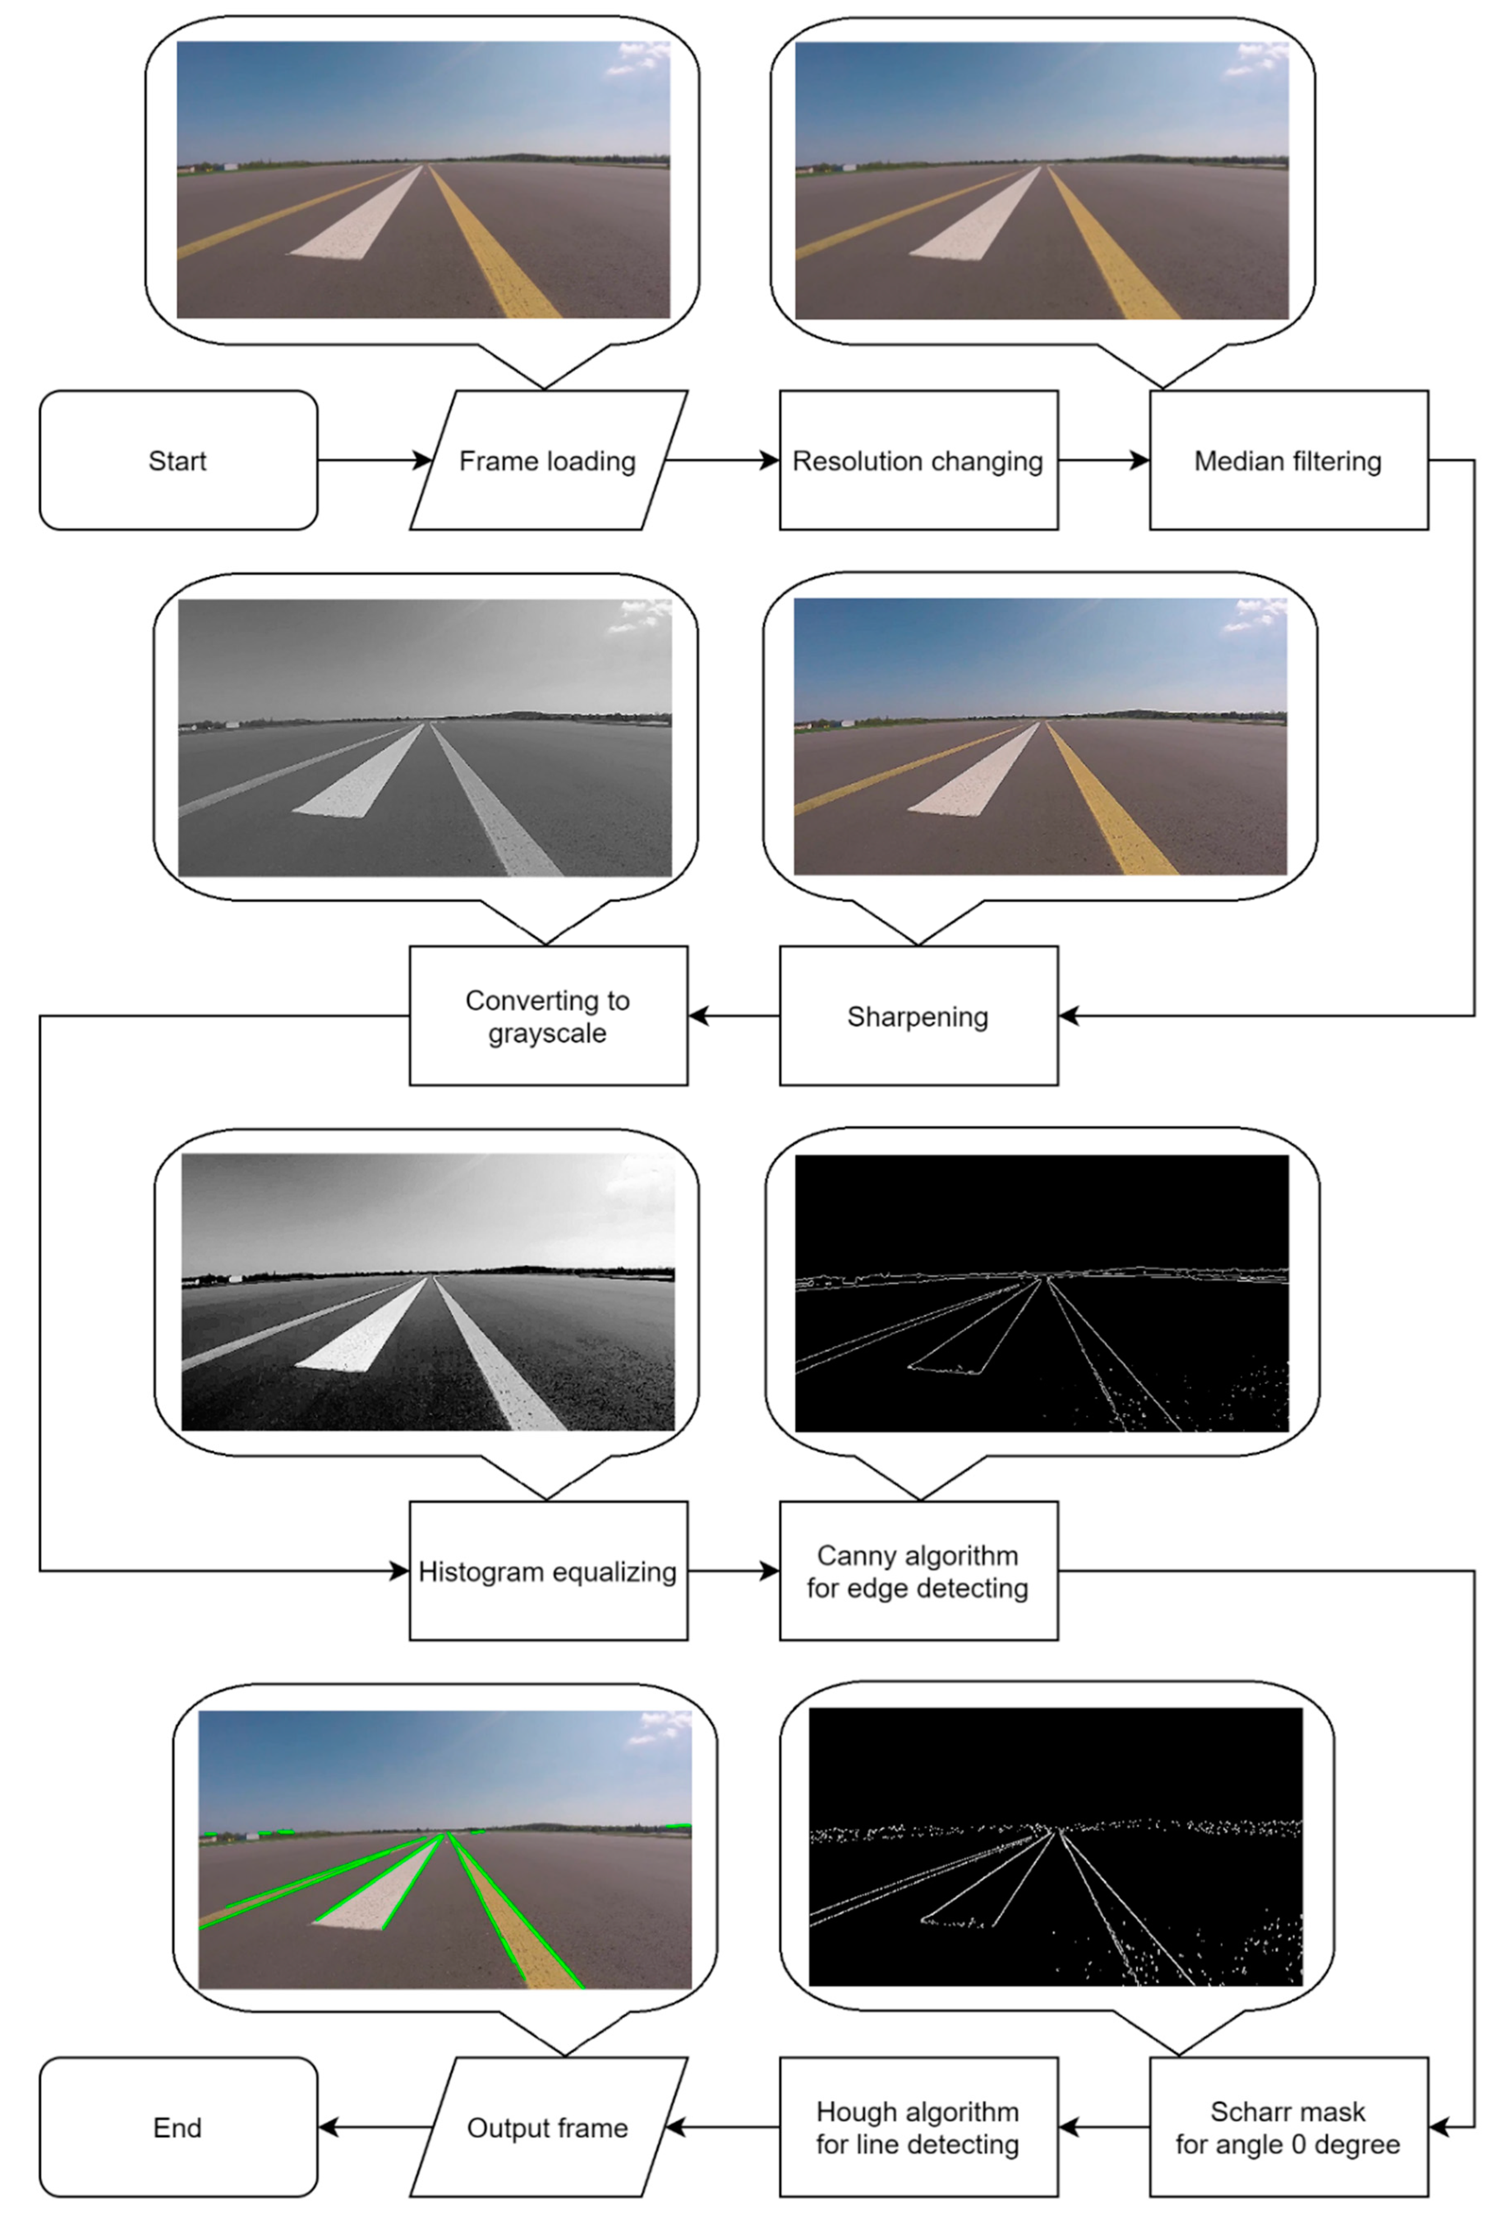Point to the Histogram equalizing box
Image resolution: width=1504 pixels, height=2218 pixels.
click(548, 1571)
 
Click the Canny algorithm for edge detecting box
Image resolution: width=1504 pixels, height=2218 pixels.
click(918, 1571)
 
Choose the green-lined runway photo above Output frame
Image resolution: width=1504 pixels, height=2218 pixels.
click(445, 1850)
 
